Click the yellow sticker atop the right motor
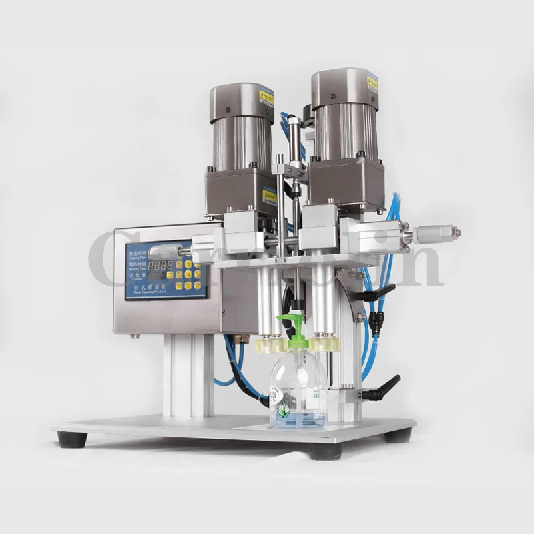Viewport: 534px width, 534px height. coord(371,83)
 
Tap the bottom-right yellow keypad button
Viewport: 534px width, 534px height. coord(198,283)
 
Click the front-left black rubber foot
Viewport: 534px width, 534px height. coord(71,439)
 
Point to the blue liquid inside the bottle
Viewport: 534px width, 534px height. coord(298,419)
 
